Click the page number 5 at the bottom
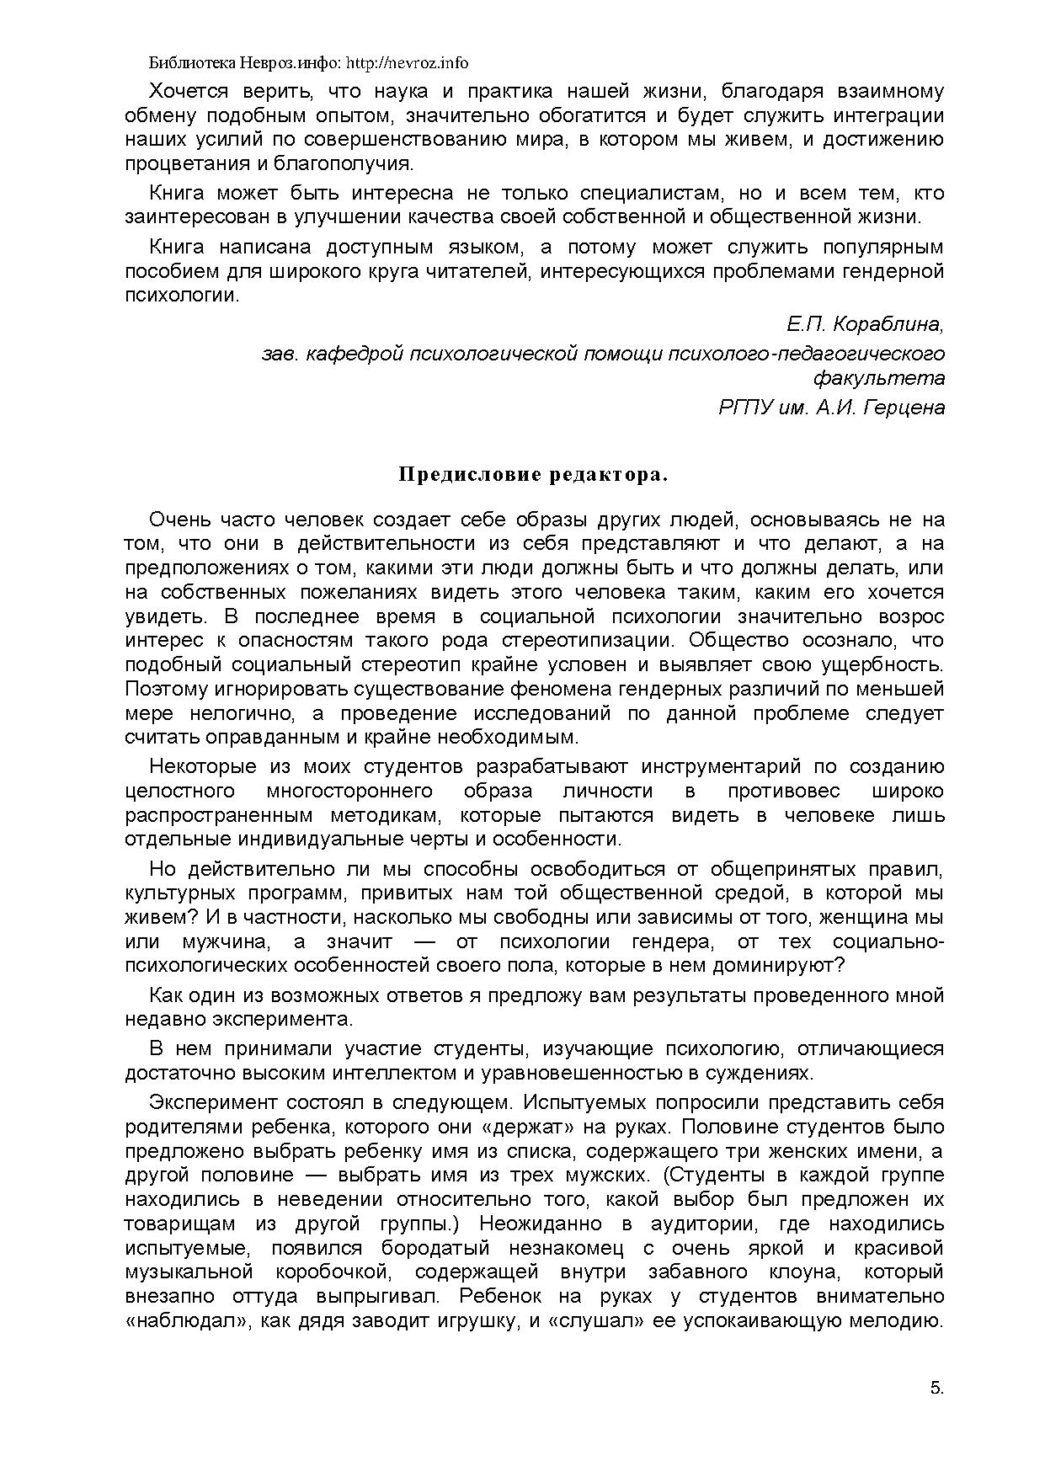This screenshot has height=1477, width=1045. (936, 1389)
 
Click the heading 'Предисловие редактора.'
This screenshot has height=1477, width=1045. (532, 475)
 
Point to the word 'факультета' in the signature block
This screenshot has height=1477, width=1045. (889, 377)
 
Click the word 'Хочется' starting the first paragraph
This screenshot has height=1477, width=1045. (184, 90)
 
